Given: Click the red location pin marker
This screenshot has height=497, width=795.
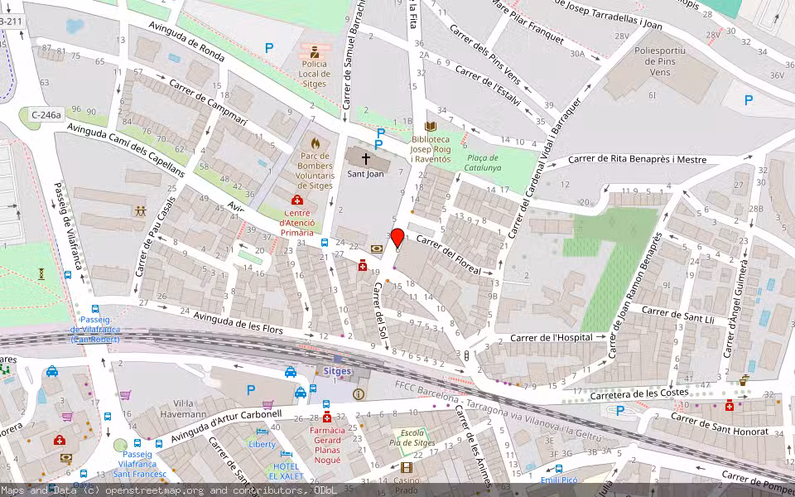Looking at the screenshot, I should click(397, 238).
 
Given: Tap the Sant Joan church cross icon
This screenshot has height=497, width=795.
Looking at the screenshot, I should click(365, 157).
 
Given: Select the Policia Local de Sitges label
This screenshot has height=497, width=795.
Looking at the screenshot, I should click(314, 74).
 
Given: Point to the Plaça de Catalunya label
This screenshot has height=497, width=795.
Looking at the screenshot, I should click(482, 162).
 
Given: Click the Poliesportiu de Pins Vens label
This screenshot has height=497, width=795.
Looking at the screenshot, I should click(660, 61).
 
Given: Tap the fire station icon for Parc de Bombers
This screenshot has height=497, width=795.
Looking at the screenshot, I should click(315, 142).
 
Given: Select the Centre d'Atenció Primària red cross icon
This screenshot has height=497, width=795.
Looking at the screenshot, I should click(296, 201).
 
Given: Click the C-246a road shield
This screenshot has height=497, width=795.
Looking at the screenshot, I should click(46, 115).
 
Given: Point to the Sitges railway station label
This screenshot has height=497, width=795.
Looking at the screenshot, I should click(337, 371).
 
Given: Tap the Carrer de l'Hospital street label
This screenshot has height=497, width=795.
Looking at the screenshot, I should click(551, 337).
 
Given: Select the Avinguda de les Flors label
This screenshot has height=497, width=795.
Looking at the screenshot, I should click(238, 323).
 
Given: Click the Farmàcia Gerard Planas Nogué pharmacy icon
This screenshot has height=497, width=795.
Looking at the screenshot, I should click(327, 417).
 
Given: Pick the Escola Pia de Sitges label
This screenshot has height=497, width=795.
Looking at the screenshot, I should click(412, 438).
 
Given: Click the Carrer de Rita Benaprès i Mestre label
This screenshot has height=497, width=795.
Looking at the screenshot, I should click(637, 159).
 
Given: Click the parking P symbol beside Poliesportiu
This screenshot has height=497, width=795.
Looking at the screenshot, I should click(749, 100).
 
